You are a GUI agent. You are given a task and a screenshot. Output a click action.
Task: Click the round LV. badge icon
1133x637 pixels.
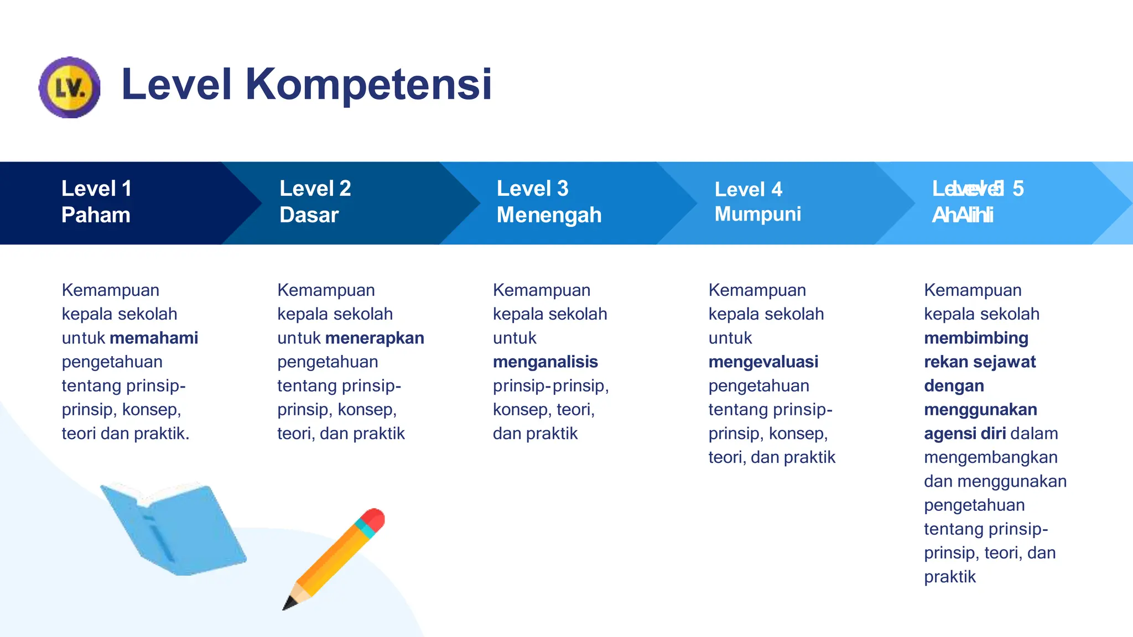tap(70, 87)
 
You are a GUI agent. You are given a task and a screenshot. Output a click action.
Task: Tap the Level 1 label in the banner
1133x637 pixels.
tap(96, 189)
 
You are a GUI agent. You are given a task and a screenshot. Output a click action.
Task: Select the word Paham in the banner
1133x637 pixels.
tap(96, 215)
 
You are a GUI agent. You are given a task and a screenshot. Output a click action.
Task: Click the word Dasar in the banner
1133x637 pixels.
tap(309, 215)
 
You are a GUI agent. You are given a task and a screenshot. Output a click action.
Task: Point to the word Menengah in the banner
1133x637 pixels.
tap(549, 215)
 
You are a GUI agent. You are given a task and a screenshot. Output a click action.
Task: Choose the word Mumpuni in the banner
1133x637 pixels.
tap(757, 214)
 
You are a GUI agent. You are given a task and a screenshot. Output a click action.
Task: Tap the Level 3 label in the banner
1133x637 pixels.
tap(532, 189)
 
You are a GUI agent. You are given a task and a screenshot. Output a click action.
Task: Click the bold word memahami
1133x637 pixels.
tap(154, 338)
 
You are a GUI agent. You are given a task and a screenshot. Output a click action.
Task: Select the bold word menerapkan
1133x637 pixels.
tap(375, 338)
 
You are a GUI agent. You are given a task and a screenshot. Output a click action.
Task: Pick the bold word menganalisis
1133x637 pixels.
tap(545, 362)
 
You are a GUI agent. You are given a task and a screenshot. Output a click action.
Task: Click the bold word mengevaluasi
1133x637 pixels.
tap(763, 362)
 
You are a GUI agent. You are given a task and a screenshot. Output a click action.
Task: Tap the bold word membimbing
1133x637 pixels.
tap(976, 338)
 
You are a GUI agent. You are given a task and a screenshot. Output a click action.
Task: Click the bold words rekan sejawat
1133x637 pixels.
tap(980, 362)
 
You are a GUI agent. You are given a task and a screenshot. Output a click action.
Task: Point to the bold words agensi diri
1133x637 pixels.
tap(964, 434)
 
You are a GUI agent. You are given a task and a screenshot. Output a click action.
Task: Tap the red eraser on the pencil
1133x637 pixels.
tap(375, 519)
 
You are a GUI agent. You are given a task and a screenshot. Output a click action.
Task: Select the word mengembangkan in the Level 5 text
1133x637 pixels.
tap(990, 457)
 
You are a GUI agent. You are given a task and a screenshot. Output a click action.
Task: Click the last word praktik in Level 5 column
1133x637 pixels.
tap(949, 577)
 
